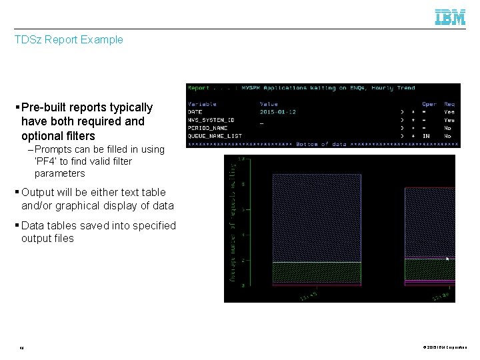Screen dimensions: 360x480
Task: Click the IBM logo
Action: pos(450,17)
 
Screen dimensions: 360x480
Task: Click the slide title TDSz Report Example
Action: pos(69,39)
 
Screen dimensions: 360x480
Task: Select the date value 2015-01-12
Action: pos(277,111)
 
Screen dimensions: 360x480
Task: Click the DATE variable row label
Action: pos(196,111)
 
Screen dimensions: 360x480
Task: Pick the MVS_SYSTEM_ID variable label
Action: pos(211,120)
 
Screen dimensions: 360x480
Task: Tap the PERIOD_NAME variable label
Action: pos(207,128)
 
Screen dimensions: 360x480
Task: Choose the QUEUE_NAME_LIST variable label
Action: pos(215,136)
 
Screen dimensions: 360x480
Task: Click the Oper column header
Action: pos(429,103)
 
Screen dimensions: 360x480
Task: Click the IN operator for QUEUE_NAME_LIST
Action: pos(426,136)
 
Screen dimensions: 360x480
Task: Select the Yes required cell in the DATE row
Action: pos(449,111)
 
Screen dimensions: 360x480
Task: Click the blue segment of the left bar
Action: pos(317,217)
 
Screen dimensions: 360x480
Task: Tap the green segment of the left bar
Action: pos(317,272)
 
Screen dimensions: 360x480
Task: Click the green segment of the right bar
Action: pos(430,269)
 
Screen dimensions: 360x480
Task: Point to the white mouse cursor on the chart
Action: pos(447,258)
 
